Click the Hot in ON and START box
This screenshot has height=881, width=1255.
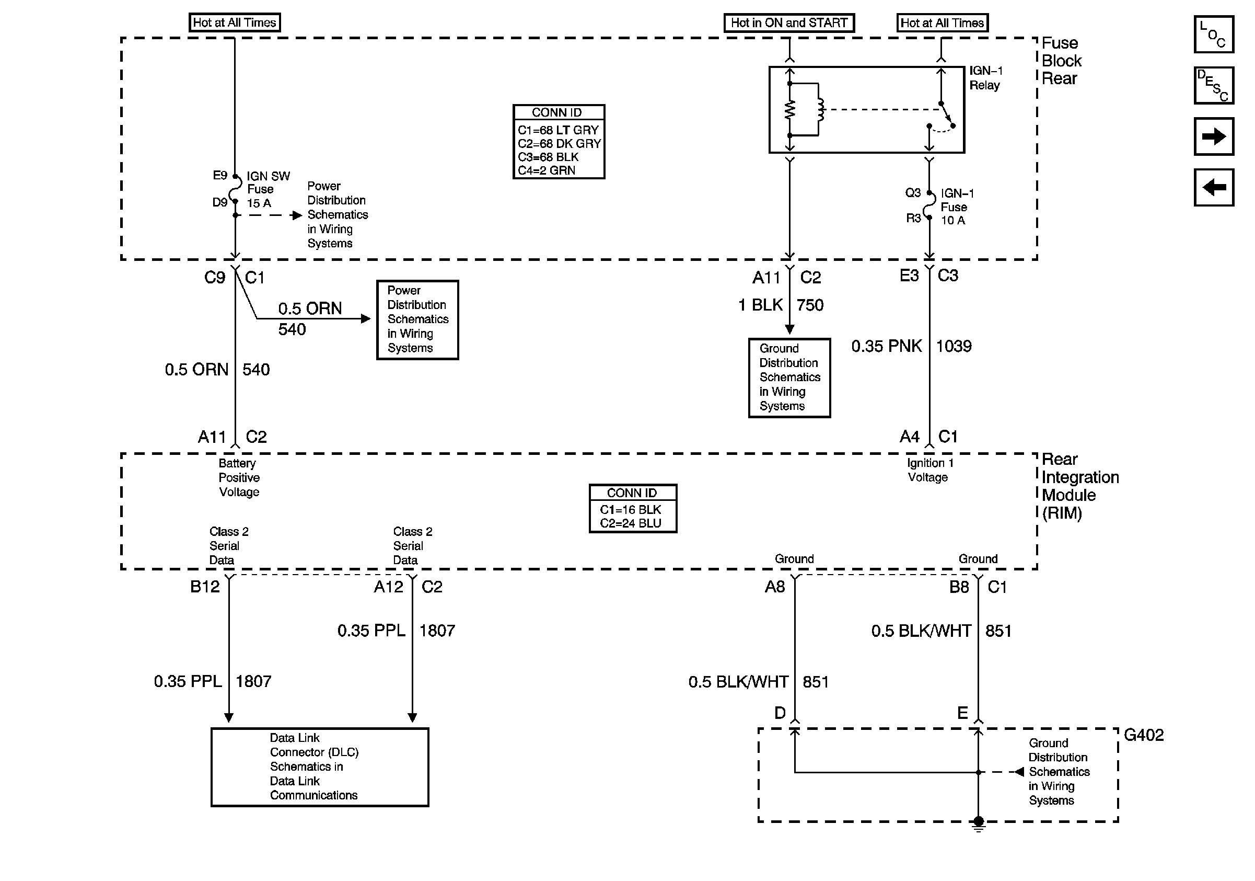pos(789,23)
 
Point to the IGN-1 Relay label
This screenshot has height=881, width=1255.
pos(985,78)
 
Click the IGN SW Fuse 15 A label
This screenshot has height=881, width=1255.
pos(268,189)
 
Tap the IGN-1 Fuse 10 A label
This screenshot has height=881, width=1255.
pos(957,207)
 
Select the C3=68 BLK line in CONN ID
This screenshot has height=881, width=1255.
pos(548,157)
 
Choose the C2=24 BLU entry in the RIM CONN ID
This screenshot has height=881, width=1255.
pos(630,523)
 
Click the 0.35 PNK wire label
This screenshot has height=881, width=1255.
pos(886,346)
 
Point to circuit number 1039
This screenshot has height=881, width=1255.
pos(954,346)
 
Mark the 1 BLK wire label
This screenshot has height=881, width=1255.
pos(760,305)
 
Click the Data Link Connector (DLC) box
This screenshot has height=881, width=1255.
pos(320,766)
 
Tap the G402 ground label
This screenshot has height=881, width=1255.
pos(1144,735)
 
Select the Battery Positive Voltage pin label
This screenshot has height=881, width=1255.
pos(239,477)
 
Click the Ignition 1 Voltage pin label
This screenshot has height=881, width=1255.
pos(930,470)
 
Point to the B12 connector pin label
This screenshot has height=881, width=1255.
pos(205,587)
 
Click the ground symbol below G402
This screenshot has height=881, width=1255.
pos(979,824)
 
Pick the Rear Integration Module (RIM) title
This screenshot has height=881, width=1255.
pos(1080,486)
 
